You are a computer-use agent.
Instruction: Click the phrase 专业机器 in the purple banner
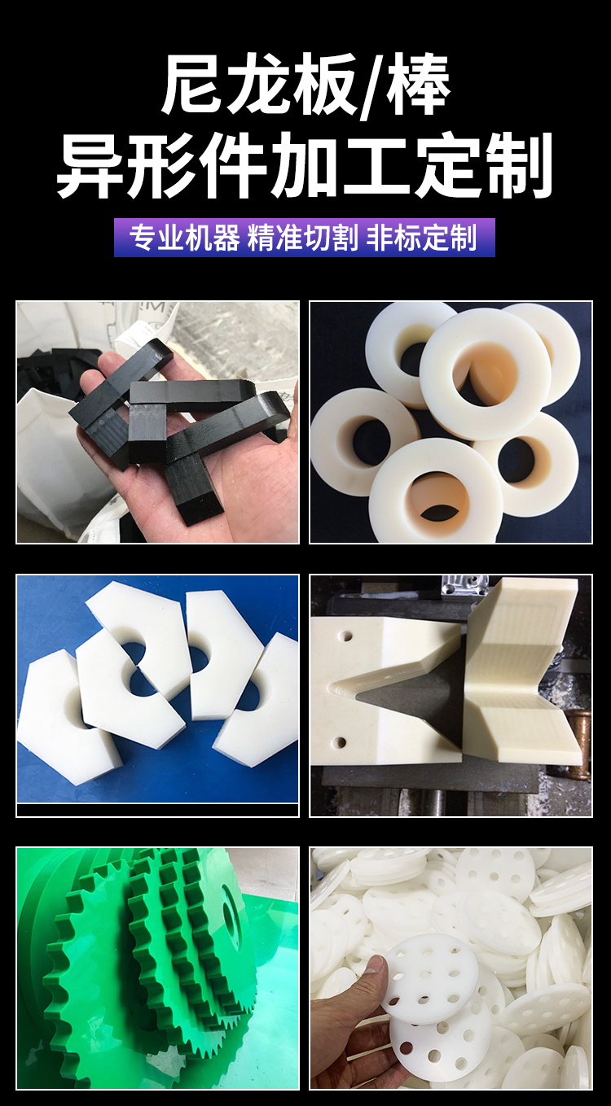tap(185, 238)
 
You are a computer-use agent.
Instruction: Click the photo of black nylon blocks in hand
tap(157, 422)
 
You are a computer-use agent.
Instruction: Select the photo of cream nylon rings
tap(451, 422)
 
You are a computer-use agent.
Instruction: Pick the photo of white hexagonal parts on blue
tap(157, 696)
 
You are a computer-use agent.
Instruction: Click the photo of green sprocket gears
tap(157, 968)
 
